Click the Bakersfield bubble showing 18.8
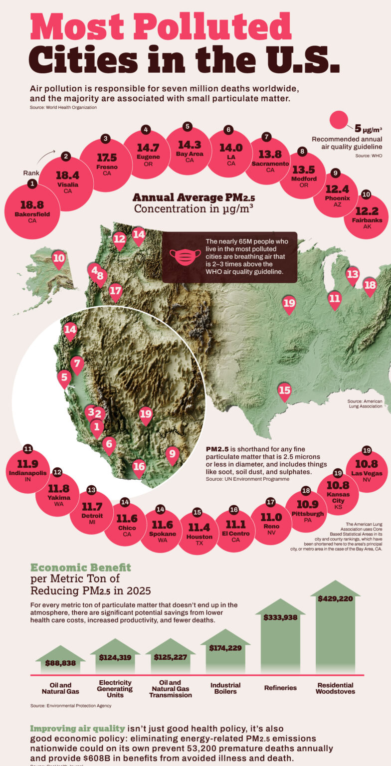(x=32, y=209)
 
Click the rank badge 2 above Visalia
(x=66, y=156)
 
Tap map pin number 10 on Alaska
(x=58, y=258)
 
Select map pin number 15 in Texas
(x=284, y=390)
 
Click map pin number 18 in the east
(x=370, y=285)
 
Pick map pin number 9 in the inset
(x=172, y=454)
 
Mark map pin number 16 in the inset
(x=139, y=467)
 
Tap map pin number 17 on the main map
(x=115, y=291)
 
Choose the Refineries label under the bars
(x=280, y=688)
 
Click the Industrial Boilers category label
(x=225, y=688)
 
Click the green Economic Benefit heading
(x=81, y=567)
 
